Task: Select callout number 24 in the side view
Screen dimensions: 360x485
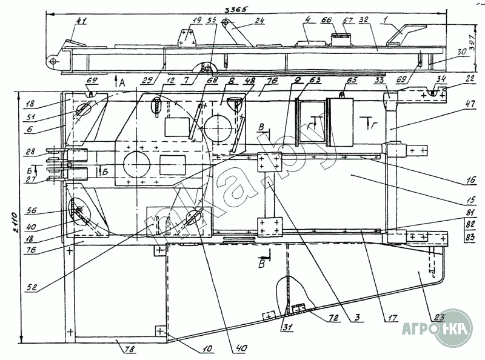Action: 259,20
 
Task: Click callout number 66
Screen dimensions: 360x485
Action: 326,20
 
